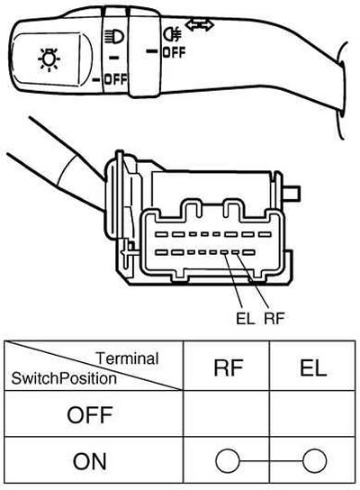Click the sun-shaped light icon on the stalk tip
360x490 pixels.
[49, 59]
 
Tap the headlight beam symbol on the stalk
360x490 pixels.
[114, 37]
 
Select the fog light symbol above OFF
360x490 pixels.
[172, 33]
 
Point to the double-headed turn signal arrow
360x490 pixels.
[200, 25]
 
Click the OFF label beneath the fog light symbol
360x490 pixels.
[174, 52]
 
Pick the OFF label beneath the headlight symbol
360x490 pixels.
[115, 79]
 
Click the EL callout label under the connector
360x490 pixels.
[245, 319]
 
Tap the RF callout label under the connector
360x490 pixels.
[274, 319]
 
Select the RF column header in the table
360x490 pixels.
[229, 367]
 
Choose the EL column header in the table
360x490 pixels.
[313, 367]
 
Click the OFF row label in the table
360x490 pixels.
[90, 414]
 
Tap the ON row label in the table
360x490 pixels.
[90, 461]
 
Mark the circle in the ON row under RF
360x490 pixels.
[228, 460]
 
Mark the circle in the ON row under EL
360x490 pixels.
[315, 460]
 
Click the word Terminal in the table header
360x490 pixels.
[127, 358]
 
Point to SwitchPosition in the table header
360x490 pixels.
[64, 378]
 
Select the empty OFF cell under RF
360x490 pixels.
[227, 413]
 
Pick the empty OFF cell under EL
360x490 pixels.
[312, 413]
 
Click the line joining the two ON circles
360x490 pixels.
[271, 461]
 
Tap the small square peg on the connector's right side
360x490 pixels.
[292, 192]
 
